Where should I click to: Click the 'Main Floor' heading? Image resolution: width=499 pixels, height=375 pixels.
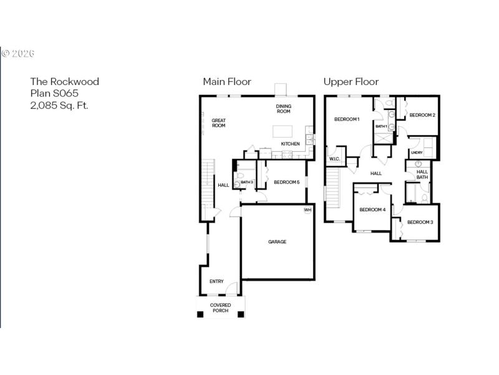pos(227,82)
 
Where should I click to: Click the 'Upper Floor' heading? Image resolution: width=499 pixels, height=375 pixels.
pos(351,82)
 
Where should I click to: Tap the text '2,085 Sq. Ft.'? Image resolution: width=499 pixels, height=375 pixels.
pos(59,105)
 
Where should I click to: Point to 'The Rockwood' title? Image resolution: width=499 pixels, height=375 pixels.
pos(65,81)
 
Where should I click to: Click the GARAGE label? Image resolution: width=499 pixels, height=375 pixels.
pos(278,242)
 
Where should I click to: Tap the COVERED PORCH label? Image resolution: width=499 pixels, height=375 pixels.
pos(220,308)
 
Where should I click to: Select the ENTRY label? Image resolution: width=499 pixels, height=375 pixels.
pos(216,281)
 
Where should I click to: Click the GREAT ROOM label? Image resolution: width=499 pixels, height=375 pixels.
pos(218,123)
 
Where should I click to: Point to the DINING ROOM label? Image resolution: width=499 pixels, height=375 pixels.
pos(284,109)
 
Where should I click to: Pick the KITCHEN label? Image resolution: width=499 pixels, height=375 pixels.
pos(290,144)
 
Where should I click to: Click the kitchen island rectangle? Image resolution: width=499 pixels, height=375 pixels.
pos(283,131)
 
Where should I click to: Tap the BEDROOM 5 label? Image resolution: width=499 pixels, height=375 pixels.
pos(287,182)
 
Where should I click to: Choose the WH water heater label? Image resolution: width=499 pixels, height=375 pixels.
pos(307,210)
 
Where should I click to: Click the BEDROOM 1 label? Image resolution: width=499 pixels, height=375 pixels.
pos(347,119)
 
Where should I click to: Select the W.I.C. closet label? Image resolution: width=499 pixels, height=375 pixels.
pos(334,159)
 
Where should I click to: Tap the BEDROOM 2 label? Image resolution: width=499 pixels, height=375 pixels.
pos(422,115)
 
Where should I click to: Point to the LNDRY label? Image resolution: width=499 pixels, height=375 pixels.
pos(416,152)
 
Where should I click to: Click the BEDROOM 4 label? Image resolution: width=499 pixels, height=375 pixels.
pos(372,209)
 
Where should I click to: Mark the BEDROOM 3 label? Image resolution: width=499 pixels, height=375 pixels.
pos(420,222)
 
